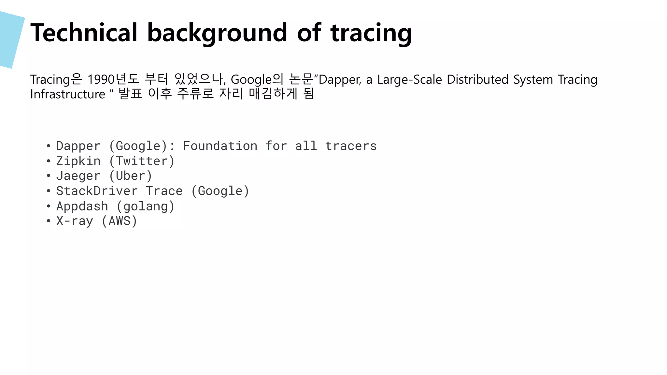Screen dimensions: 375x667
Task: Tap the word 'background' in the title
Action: tap(217, 33)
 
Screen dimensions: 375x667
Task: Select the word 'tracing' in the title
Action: tap(371, 33)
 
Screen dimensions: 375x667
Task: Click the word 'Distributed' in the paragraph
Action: tap(477, 79)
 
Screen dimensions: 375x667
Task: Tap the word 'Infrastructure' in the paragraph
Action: tap(68, 94)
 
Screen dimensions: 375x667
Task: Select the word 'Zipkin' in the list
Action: tap(78, 161)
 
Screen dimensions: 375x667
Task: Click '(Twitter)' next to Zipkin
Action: tap(142, 161)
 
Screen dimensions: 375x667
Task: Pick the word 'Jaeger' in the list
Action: tap(78, 176)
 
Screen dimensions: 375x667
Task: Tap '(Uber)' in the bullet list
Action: tap(130, 176)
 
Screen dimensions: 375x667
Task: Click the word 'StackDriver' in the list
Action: tap(97, 191)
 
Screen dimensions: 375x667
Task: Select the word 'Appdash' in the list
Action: tap(82, 206)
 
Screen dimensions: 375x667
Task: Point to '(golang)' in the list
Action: tap(145, 206)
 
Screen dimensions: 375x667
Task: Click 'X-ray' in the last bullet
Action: tap(75, 221)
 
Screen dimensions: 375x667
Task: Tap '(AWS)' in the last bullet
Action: tap(119, 221)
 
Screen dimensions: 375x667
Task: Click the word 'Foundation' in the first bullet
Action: tap(220, 146)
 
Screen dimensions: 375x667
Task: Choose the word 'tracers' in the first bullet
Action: tap(351, 146)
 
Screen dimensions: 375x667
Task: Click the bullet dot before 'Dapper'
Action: tap(49, 146)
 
